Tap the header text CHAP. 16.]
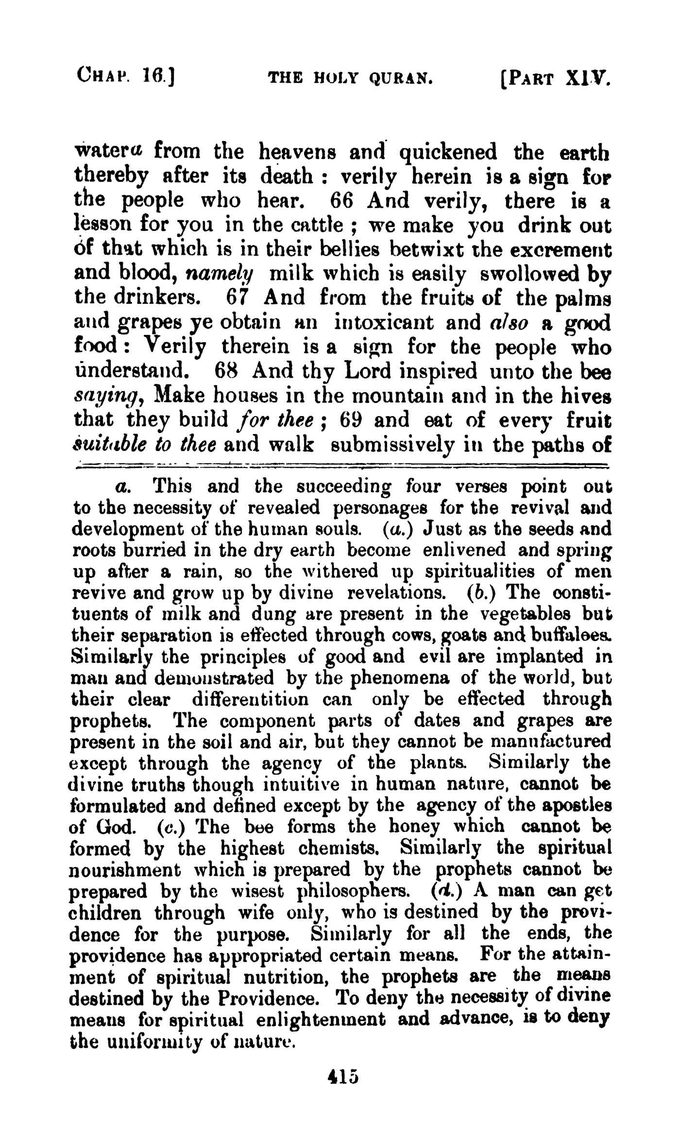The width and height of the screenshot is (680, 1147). click(x=125, y=76)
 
